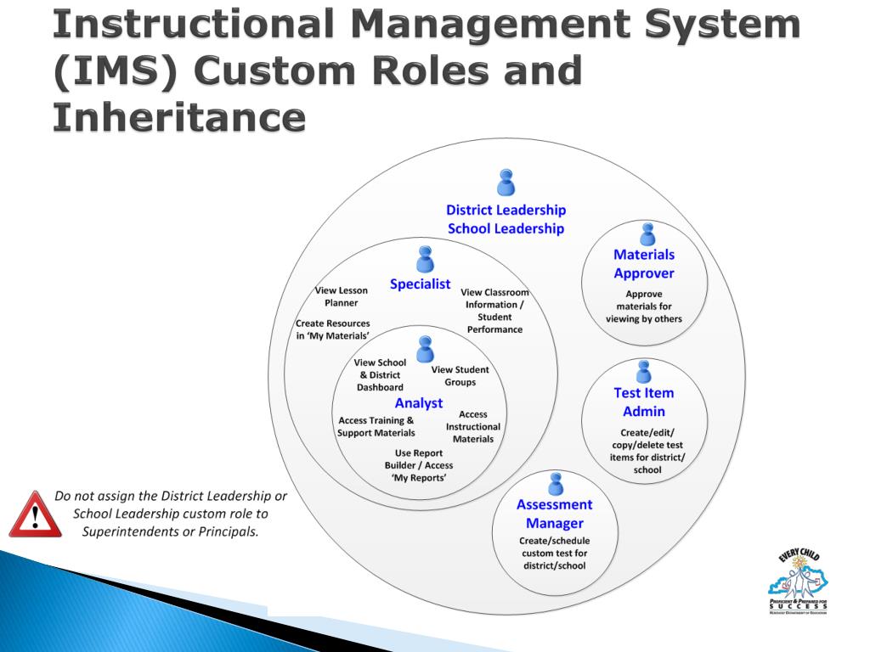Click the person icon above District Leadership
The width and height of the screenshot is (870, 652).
pyautogui.click(x=506, y=183)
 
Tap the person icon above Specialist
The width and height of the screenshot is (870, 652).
pyautogui.click(x=425, y=259)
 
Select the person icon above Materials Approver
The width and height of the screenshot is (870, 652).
pyautogui.click(x=647, y=233)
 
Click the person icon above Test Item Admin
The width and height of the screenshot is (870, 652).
pyautogui.click(x=644, y=371)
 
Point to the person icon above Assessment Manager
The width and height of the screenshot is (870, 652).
pyautogui.click(x=556, y=483)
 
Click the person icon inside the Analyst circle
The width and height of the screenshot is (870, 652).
pyautogui.click(x=425, y=348)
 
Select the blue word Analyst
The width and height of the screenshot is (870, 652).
pyautogui.click(x=419, y=403)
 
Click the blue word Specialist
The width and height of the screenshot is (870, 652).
pyautogui.click(x=420, y=284)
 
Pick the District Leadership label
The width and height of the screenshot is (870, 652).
pyautogui.click(x=506, y=210)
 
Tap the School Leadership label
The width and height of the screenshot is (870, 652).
pyautogui.click(x=506, y=228)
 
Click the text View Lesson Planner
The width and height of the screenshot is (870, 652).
pyautogui.click(x=341, y=296)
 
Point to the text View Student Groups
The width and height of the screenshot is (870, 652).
pyautogui.click(x=460, y=375)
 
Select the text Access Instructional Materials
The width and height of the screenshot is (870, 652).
pyautogui.click(x=473, y=426)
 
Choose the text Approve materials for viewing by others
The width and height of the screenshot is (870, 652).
pyautogui.click(x=644, y=306)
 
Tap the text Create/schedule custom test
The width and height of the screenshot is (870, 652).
pyautogui.click(x=555, y=553)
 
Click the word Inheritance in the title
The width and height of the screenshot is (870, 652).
pyautogui.click(x=178, y=116)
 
